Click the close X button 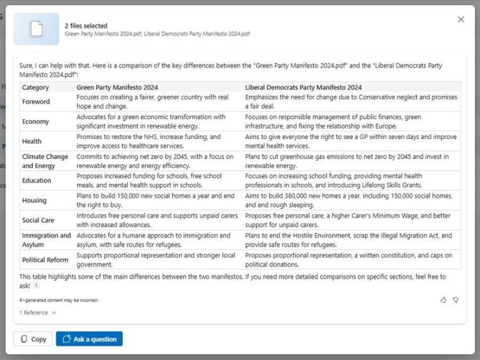point(461,20)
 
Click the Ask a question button point(89,339)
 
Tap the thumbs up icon point(444,300)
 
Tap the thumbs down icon point(456,300)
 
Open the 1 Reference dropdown point(38,313)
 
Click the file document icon point(36,29)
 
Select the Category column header point(35,88)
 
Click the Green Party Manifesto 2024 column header point(117,88)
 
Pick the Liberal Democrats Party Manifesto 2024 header point(303,88)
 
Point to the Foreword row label point(36,102)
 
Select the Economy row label point(35,122)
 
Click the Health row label point(32,142)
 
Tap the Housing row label point(35,200)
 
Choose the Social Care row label point(38,220)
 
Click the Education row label point(36,181)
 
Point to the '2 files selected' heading point(86,26)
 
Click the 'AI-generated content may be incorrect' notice point(58,300)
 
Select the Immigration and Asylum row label point(46,240)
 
